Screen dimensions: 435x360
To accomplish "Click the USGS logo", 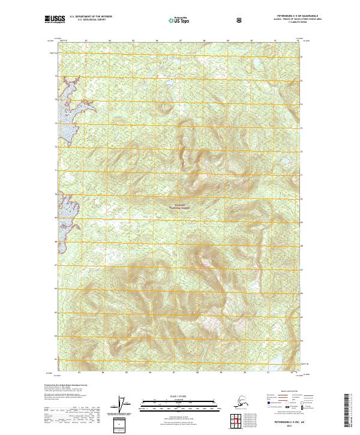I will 52,20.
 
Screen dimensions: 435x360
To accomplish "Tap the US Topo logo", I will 181,20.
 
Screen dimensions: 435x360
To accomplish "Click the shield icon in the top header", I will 240,20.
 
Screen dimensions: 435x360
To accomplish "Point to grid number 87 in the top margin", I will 181,40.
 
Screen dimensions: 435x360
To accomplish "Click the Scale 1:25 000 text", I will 181,397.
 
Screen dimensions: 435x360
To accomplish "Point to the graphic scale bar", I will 181,404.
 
